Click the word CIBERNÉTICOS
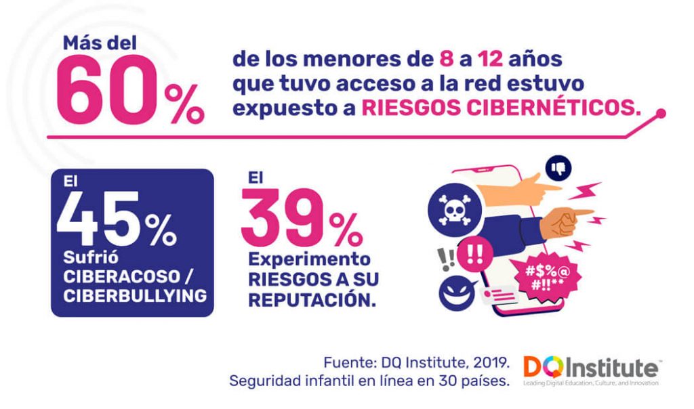coord(502,108)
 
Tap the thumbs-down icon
coord(558,167)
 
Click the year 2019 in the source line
coord(483,360)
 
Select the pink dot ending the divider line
coord(661,113)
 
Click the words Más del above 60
coord(100,43)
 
